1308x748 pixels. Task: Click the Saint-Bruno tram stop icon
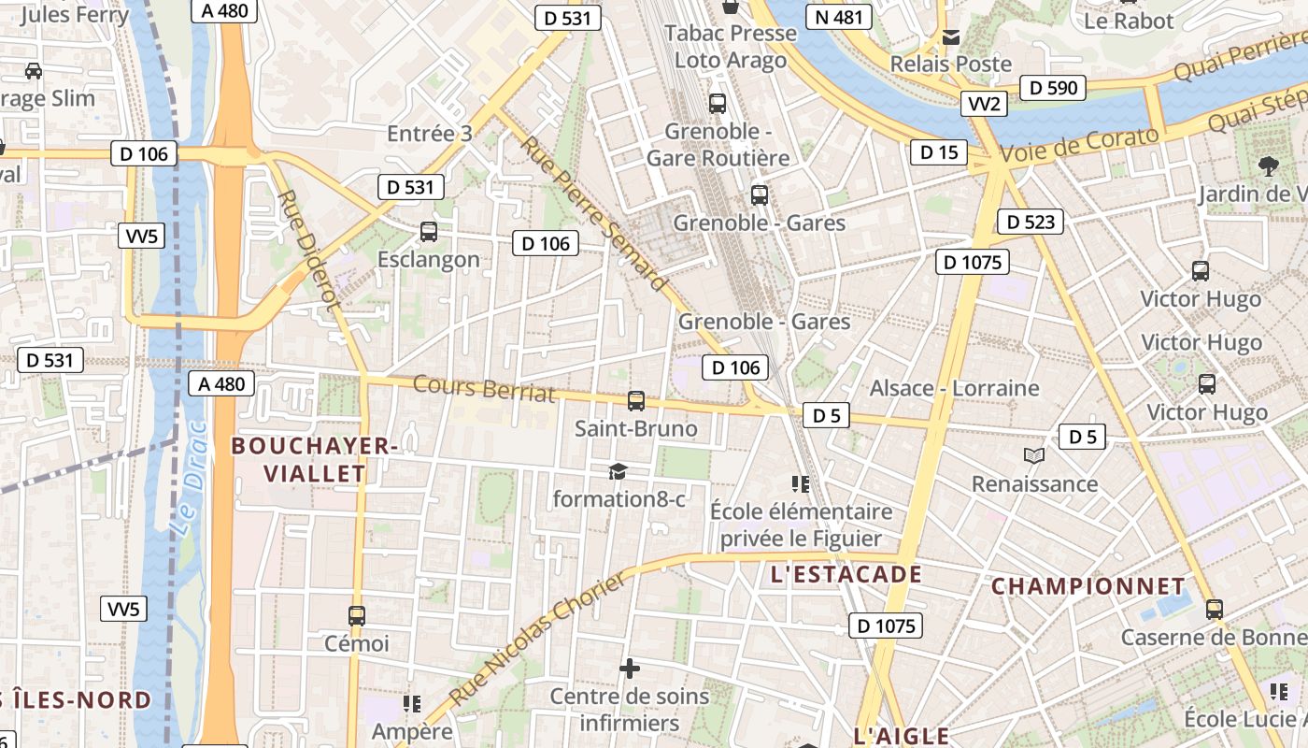(636, 401)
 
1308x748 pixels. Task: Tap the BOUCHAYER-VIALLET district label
(315, 459)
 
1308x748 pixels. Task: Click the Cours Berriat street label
(484, 388)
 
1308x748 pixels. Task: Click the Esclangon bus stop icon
(429, 231)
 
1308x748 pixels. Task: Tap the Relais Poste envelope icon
(951, 37)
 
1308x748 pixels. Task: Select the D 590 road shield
(1054, 88)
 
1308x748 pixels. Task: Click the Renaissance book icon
(1033, 456)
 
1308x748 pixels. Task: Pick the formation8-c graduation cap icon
(618, 471)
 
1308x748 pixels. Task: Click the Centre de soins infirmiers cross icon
(630, 669)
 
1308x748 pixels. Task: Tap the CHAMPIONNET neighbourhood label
(1088, 586)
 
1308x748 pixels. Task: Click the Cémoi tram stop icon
(356, 615)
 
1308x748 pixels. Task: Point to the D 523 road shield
(1031, 222)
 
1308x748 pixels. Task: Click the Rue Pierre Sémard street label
(594, 213)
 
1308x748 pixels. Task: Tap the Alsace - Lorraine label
(954, 388)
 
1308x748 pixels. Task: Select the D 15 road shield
(938, 151)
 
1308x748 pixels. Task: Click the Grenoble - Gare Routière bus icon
(718, 104)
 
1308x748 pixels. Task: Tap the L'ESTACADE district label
(846, 574)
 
